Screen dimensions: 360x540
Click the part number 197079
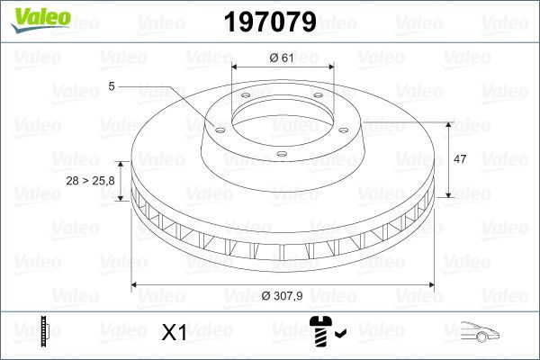(x=270, y=22)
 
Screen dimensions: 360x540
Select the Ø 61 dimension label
(x=283, y=58)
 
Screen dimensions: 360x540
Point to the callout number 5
(x=111, y=86)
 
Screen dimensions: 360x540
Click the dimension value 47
(x=458, y=158)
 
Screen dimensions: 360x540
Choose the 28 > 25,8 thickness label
(x=90, y=181)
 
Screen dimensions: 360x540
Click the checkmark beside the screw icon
(x=341, y=336)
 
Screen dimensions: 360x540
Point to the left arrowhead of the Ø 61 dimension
(x=236, y=67)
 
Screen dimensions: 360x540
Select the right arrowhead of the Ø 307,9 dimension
(x=444, y=286)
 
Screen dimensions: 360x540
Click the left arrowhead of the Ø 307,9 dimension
(x=136, y=286)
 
